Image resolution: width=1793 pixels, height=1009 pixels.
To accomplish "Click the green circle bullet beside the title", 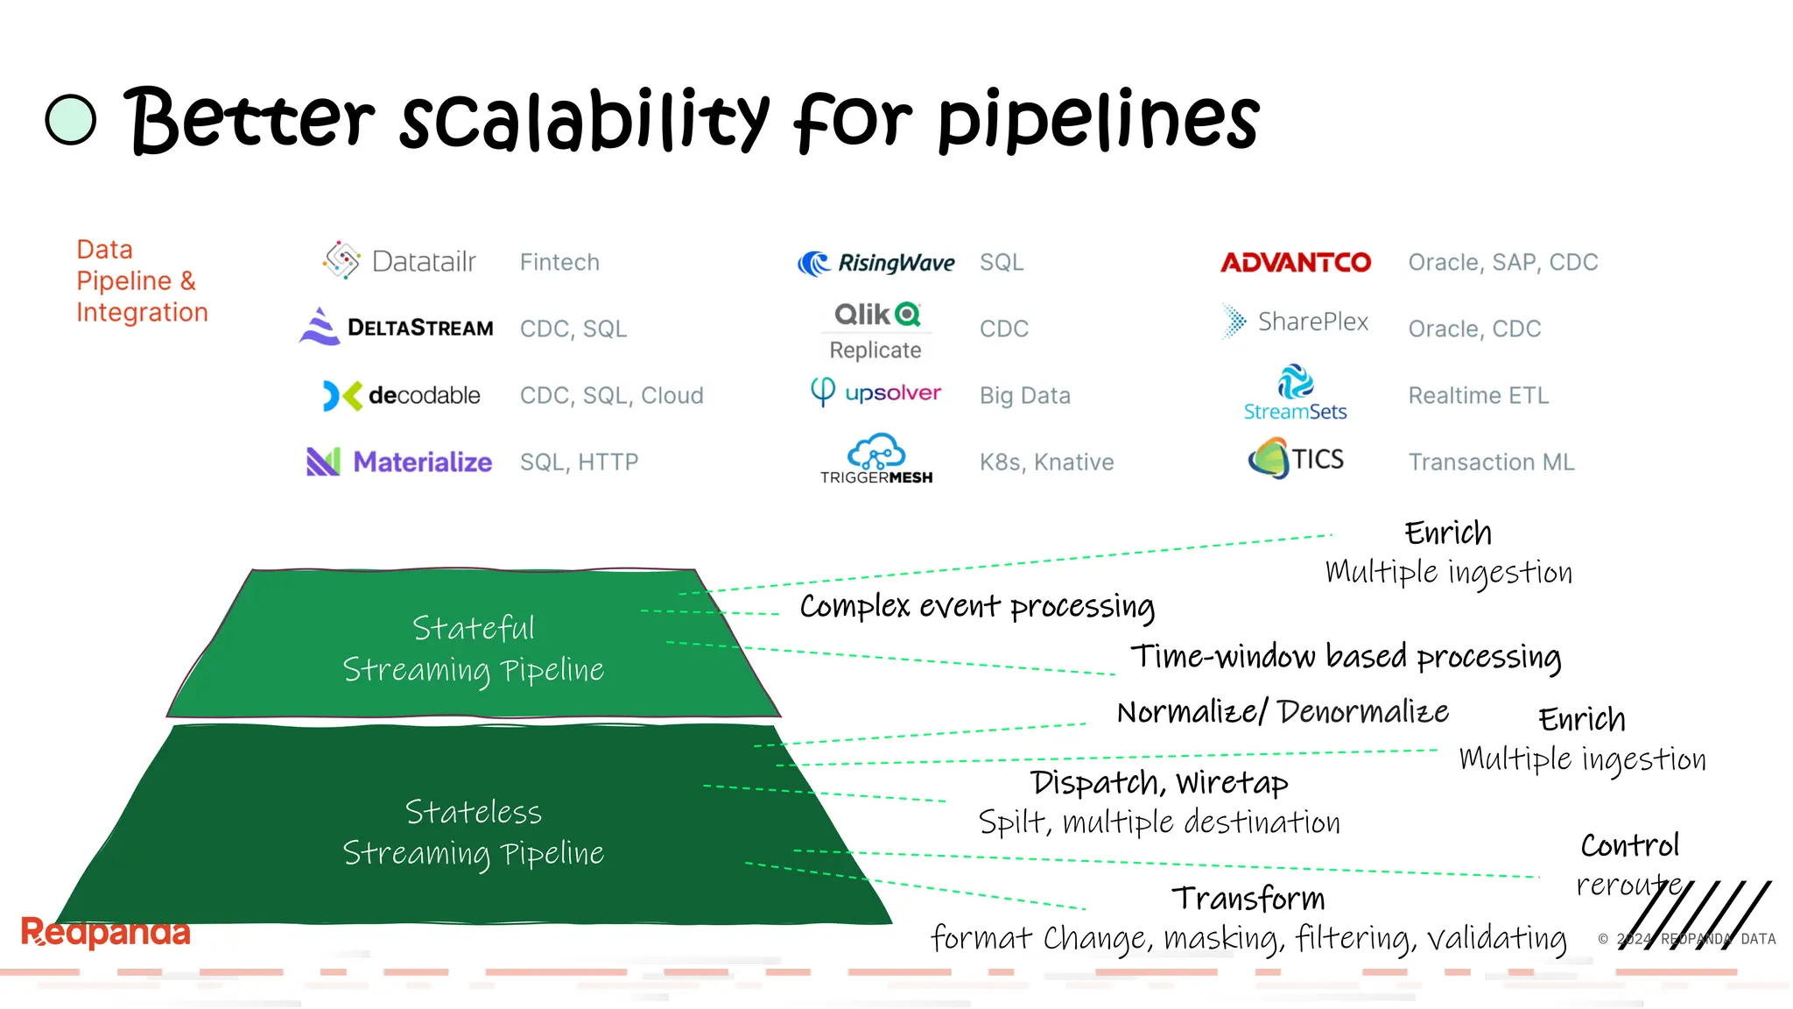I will point(70,119).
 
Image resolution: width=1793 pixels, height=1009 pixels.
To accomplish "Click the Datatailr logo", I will point(399,261).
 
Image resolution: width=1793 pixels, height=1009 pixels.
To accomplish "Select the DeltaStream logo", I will point(397,327).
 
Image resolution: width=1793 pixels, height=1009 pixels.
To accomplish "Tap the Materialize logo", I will point(399,462).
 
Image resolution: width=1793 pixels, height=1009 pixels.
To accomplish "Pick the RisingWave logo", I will point(875,263).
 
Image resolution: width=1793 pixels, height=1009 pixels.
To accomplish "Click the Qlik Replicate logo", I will point(875,331).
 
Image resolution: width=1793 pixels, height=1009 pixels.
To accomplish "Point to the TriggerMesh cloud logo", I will point(875,458).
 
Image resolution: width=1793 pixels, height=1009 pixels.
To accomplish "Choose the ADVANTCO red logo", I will point(1296,262).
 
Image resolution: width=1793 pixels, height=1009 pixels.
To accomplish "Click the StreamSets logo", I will point(1295,392).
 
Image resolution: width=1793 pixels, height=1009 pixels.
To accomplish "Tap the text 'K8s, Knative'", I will point(1046,462).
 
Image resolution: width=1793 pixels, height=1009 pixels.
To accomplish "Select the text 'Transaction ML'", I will point(1491,462).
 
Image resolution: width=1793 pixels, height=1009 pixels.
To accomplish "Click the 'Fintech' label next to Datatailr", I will point(559,262).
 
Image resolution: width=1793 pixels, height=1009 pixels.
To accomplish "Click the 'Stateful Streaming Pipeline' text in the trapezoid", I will point(473,649).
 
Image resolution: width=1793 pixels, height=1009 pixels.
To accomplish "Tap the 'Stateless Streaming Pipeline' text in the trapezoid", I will point(473,832).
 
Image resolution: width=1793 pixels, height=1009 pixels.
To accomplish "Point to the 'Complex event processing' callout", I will point(977,606).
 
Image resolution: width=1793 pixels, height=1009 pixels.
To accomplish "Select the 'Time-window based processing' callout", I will point(1346,657).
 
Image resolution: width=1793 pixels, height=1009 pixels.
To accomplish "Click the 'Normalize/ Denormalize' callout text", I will point(1283,712).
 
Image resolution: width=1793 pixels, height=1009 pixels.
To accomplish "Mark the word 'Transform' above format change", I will point(1248,899).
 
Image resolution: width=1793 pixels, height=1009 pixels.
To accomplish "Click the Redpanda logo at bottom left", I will point(105,932).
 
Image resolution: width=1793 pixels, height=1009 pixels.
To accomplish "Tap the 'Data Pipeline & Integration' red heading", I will point(142,280).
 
